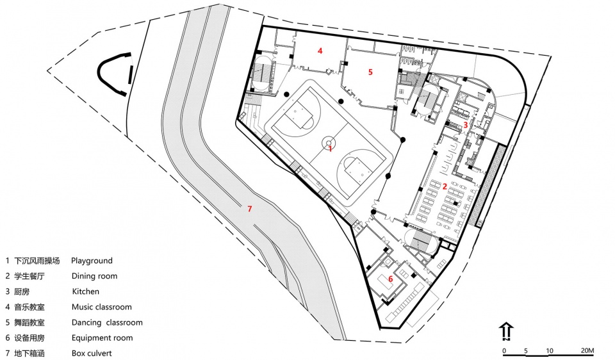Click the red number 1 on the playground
331,149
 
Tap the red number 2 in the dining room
445,186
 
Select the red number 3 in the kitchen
466,125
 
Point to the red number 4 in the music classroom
320,51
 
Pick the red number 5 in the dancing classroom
370,72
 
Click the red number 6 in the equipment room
391,279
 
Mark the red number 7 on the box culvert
249,209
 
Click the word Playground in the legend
92,261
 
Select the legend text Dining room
95,276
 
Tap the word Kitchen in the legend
85,291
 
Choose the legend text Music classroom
102,307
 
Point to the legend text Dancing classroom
107,322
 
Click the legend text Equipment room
102,338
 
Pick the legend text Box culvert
92,354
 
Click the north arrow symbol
506,331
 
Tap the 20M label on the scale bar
587,350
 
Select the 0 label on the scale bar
504,350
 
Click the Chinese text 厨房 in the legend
22,291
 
